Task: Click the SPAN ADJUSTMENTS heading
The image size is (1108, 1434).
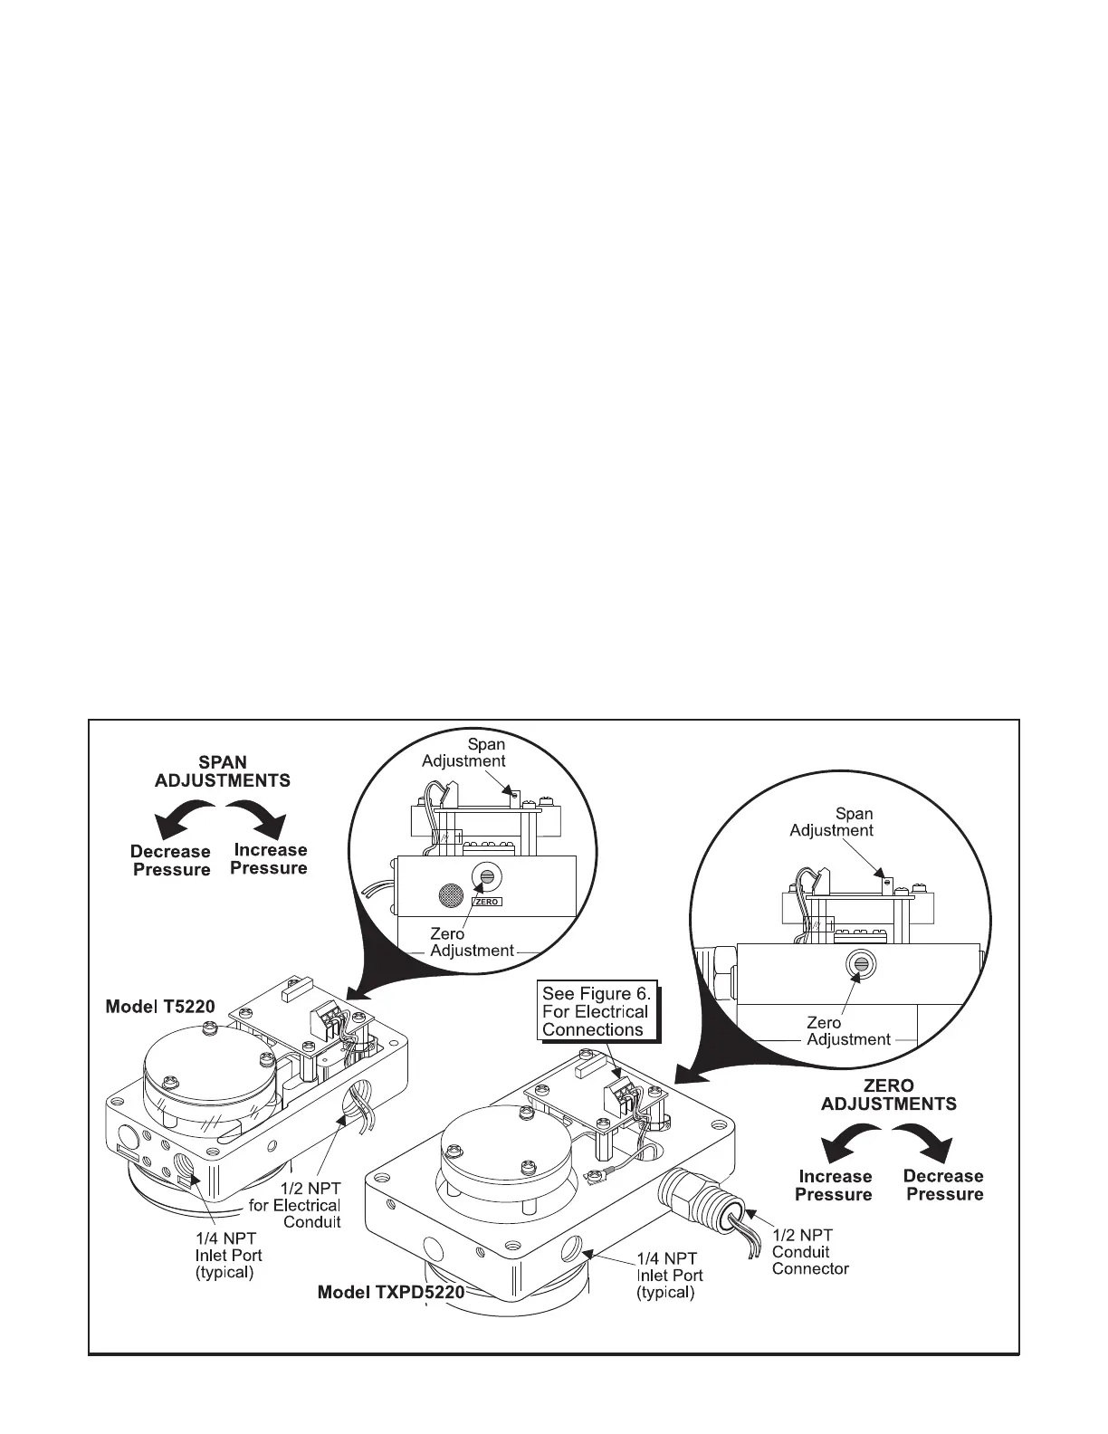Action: point(222,771)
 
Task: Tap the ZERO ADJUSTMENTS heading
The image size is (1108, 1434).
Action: point(888,1095)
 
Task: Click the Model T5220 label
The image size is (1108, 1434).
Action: point(160,1006)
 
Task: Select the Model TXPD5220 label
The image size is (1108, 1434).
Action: point(390,1293)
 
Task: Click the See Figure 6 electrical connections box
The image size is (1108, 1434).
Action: point(595,1011)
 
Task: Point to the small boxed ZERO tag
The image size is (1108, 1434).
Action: point(487,902)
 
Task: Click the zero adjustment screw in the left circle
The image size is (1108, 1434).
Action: point(487,877)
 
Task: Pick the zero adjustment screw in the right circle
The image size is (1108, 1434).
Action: point(855,963)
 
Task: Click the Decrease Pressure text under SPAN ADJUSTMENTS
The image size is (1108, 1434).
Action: point(170,861)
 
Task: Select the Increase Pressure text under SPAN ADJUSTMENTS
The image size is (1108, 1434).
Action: point(270,859)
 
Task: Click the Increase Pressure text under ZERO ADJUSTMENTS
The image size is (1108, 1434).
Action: point(835,1185)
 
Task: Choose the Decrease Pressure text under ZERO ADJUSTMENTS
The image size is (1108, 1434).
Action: point(943,1185)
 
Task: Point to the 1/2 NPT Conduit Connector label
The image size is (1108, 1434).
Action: point(809,1251)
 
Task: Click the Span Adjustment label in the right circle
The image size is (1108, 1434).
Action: point(832,822)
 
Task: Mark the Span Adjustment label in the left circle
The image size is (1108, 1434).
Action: point(463,752)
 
